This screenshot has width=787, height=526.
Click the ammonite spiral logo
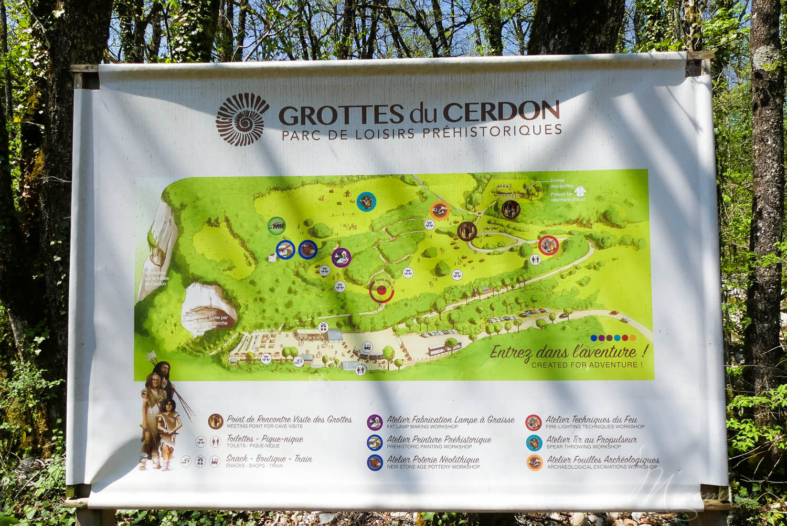coord(242,119)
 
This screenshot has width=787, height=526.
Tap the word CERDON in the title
coord(501,112)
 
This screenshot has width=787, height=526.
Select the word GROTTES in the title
coord(341,114)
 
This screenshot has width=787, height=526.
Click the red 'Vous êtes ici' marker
coord(381,290)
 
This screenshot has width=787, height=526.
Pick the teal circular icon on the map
coord(366,201)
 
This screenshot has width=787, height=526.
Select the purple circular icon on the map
coord(341,257)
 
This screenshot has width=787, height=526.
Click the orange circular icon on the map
coord(440,211)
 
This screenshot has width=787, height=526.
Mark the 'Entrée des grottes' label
coord(562,183)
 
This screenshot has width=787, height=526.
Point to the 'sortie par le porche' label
coord(218,320)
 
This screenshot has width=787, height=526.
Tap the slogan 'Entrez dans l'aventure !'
coord(569,352)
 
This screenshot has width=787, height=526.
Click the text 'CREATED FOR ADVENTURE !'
coord(587,365)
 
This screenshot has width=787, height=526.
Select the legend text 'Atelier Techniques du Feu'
coord(591,419)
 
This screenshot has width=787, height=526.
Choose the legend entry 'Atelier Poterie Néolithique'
coord(433,459)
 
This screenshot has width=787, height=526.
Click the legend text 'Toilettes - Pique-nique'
coord(264,439)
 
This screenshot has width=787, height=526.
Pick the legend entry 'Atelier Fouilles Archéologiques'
coord(603,460)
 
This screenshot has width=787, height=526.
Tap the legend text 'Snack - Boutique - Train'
coord(269,459)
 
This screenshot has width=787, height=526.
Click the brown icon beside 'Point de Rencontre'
coord(216,421)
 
